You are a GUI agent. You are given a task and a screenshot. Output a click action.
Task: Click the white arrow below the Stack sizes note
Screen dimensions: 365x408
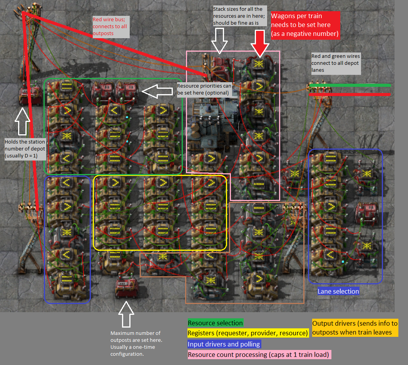click(220, 41)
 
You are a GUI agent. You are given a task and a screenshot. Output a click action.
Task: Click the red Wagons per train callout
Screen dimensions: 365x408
click(305, 25)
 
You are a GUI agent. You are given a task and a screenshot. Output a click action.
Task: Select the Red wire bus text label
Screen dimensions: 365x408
click(110, 27)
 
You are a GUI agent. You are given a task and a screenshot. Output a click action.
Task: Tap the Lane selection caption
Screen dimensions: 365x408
click(338, 291)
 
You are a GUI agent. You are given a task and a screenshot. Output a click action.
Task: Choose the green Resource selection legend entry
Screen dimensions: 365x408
click(215, 323)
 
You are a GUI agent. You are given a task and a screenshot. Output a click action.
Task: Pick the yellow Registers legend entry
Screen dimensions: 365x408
click(247, 333)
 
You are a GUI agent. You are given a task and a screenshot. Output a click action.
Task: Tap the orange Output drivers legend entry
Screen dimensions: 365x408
click(355, 328)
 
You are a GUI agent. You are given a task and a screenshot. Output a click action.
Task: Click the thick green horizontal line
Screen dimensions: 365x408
click(350, 85)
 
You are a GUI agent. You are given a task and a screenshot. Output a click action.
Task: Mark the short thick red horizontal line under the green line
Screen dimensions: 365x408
click(350, 94)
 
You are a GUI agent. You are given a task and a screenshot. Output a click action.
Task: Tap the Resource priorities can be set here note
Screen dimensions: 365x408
click(204, 89)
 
